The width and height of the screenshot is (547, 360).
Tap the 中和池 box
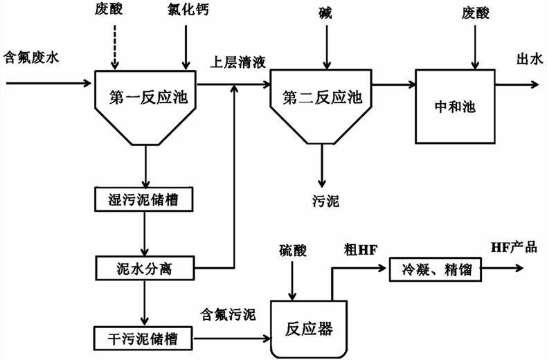click(455, 107)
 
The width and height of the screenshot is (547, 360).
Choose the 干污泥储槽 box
click(145, 338)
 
